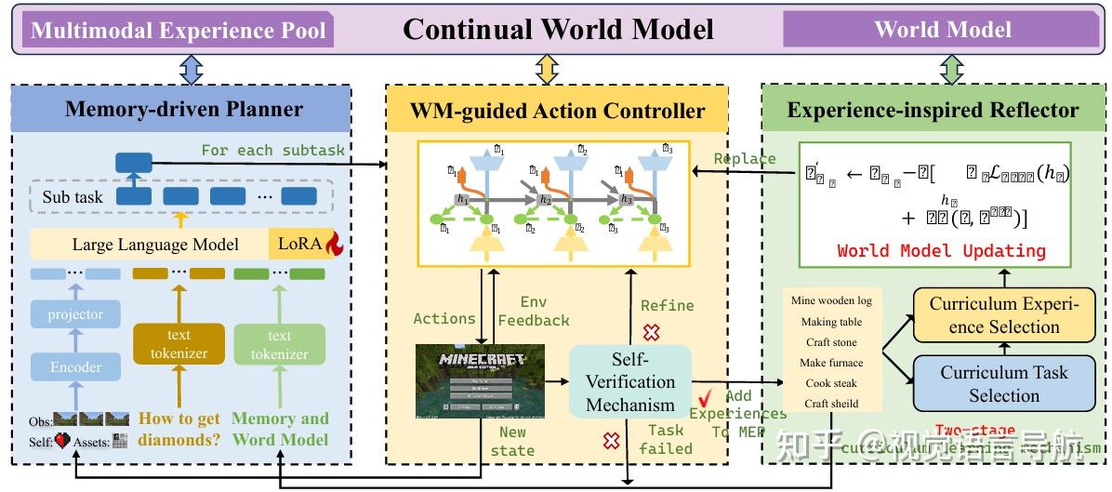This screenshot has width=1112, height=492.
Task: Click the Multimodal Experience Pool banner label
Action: [179, 31]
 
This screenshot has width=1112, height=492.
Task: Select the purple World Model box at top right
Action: [942, 29]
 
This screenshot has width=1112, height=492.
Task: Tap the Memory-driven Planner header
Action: [183, 110]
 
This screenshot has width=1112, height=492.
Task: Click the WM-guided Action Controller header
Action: [557, 112]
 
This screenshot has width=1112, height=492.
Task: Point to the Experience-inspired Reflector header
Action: [933, 111]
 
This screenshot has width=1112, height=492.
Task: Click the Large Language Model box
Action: [154, 245]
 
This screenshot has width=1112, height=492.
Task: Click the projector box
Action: [75, 314]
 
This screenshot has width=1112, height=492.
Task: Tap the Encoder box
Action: [75, 367]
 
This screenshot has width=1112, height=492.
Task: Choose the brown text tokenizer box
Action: [179, 345]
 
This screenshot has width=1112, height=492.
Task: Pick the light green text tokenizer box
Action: [279, 345]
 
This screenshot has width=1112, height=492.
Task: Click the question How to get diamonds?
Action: [179, 429]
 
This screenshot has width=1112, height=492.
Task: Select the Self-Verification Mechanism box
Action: [629, 381]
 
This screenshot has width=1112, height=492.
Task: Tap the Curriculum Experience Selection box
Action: [1004, 314]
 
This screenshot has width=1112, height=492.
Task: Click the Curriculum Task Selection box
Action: [1004, 383]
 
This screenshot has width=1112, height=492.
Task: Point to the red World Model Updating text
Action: [941, 251]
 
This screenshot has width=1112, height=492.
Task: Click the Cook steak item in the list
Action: [830, 383]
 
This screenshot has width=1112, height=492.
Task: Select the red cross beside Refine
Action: [652, 331]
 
